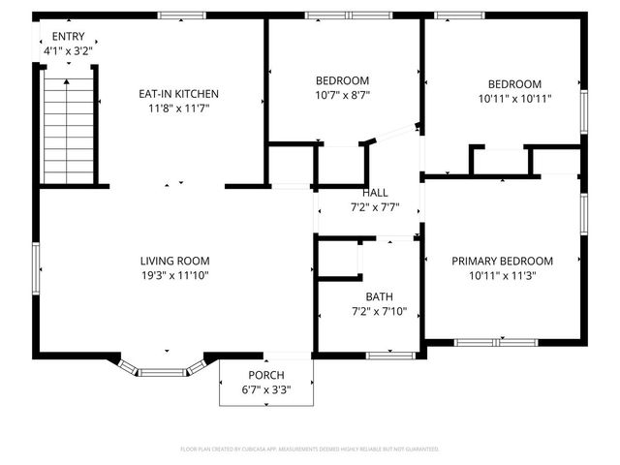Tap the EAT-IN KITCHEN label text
click(178, 94)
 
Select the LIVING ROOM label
click(174, 261)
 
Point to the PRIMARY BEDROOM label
click(502, 261)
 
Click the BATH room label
click(366, 296)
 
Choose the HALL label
click(376, 192)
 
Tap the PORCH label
click(266, 376)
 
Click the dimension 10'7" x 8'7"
click(343, 95)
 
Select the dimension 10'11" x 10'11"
click(514, 98)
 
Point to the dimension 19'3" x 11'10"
click(174, 275)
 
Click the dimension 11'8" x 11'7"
click(178, 108)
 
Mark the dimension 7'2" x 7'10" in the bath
click(366, 311)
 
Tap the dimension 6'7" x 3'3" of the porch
click(266, 389)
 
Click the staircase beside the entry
click(69, 131)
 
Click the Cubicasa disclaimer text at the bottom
click(310, 449)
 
